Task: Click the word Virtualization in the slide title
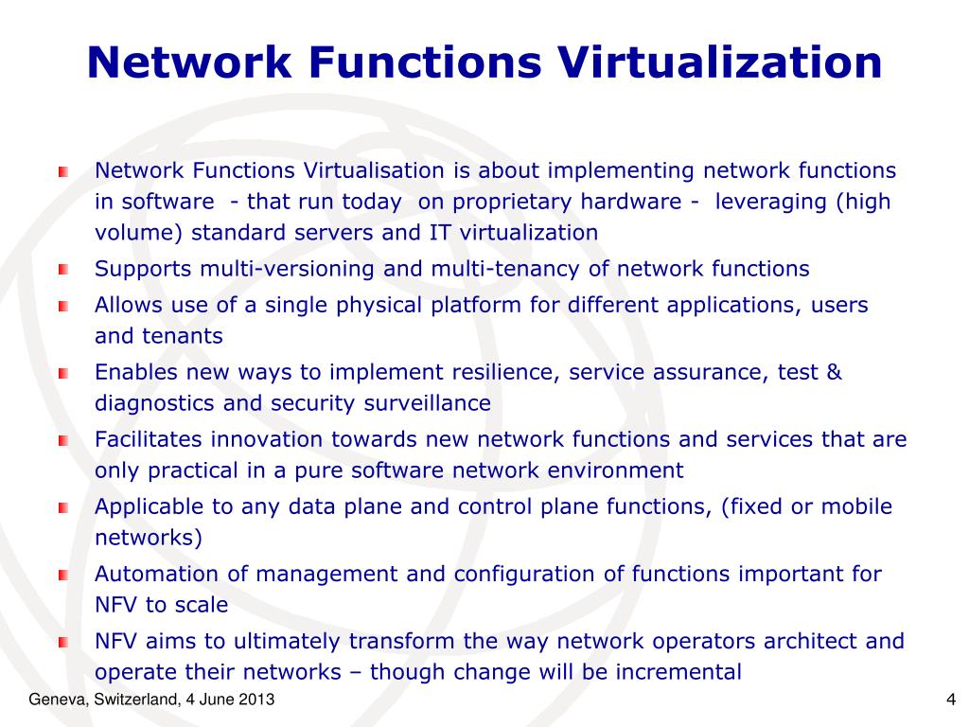click(719, 62)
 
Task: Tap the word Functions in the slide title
click(425, 62)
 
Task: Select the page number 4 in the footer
click(949, 700)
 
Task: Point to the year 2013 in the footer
click(258, 700)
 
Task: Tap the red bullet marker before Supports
click(63, 270)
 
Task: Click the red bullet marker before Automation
click(63, 575)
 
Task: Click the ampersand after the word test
click(834, 372)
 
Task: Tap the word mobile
click(856, 506)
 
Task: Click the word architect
click(811, 641)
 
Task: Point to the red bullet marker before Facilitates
click(63, 440)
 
